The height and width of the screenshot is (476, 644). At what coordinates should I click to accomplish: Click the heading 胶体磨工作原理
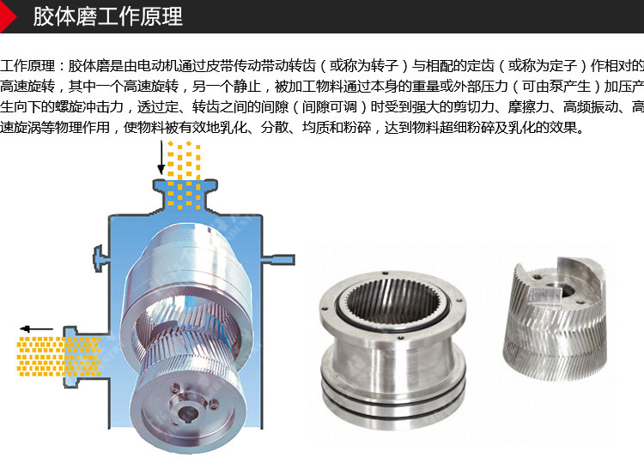click(107, 17)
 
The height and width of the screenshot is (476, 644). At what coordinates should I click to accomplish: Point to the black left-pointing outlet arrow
click(37, 328)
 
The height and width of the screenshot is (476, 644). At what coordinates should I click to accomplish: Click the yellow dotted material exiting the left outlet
click(60, 356)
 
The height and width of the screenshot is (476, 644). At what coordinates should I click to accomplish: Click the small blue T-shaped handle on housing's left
click(97, 255)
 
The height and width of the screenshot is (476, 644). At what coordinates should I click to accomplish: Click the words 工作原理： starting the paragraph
click(33, 66)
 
